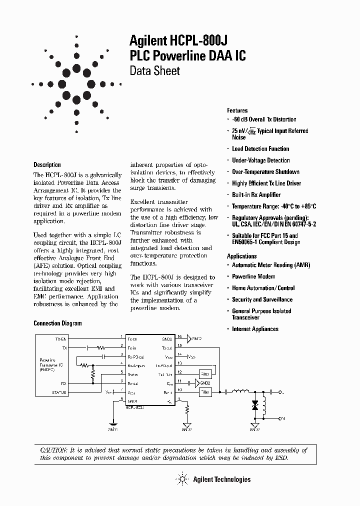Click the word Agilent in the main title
click(148, 41)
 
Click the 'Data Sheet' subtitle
click(155, 70)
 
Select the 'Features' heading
click(237, 110)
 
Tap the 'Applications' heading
click(241, 256)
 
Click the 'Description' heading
click(47, 164)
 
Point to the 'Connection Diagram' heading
click(57, 323)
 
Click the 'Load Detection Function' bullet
click(260, 149)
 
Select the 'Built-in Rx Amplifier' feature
click(256, 195)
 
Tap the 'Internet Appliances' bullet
click(255, 329)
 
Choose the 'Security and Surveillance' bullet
click(262, 299)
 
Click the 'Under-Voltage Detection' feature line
click(260, 160)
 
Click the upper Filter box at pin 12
click(205, 373)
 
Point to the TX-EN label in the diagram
click(60, 338)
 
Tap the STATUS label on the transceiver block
click(58, 392)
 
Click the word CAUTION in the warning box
click(52, 450)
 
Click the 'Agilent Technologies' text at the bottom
click(221, 479)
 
